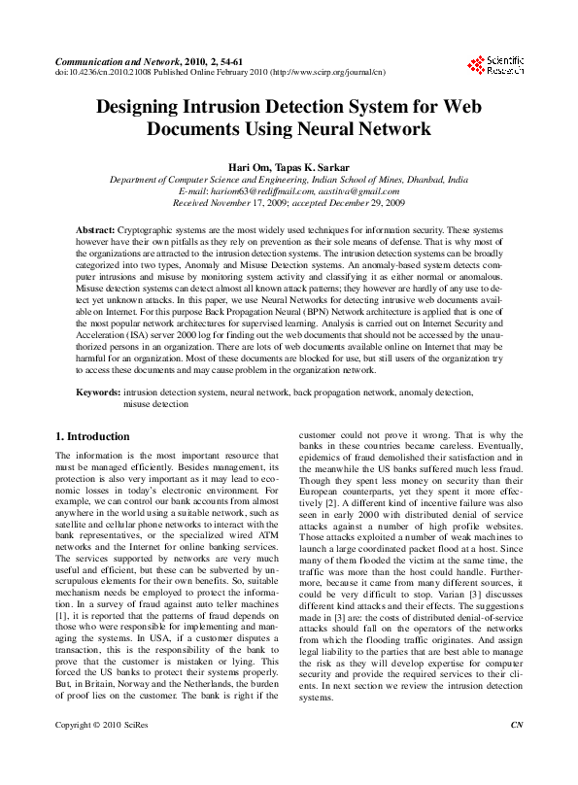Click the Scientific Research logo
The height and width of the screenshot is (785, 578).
coord(495,65)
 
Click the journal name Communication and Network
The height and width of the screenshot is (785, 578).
coord(115,60)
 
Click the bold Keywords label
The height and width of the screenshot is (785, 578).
coord(98,392)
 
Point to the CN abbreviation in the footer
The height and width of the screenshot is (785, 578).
coord(516,753)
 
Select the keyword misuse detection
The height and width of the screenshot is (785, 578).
coord(155,403)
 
